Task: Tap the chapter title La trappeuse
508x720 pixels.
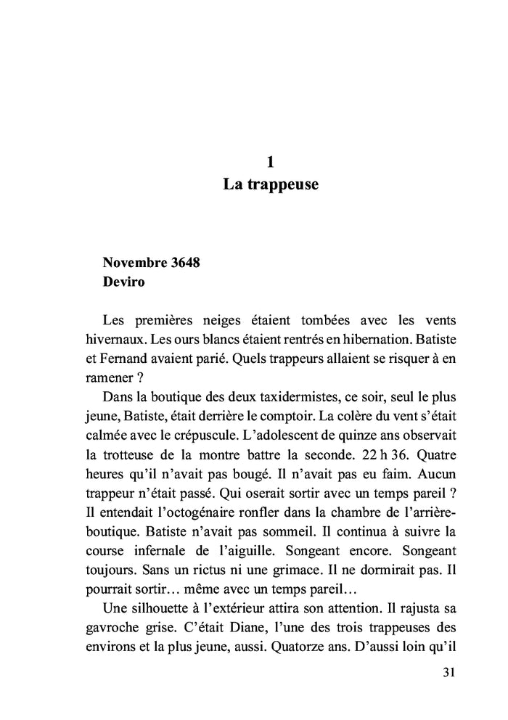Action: (x=270, y=185)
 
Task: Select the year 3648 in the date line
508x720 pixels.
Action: (x=182, y=263)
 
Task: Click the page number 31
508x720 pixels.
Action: (x=448, y=671)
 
